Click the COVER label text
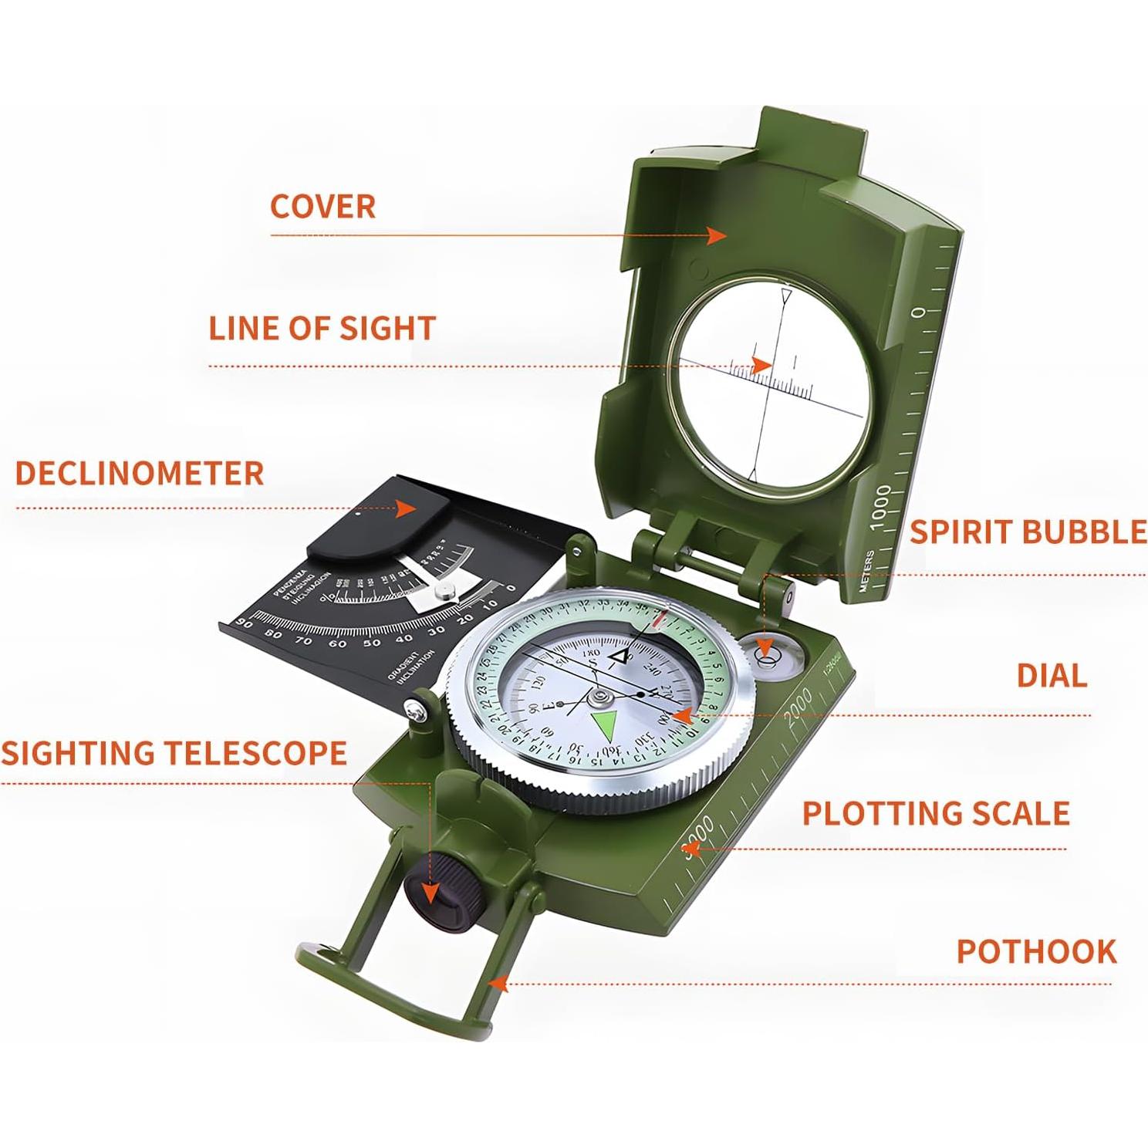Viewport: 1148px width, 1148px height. click(322, 207)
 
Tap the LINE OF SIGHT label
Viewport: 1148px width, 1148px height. click(322, 329)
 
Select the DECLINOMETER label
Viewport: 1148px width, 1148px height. click(140, 473)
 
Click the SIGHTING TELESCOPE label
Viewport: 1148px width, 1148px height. click(174, 753)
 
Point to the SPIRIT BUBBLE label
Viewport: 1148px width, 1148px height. click(1028, 532)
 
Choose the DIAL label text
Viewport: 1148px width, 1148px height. click(1052, 676)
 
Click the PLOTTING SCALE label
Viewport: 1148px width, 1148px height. click(936, 814)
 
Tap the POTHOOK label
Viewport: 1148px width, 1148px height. click(1036, 952)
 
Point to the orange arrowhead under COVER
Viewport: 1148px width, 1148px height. click(717, 235)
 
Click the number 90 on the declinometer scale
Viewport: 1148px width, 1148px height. click(244, 624)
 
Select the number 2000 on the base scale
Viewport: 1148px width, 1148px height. click(799, 705)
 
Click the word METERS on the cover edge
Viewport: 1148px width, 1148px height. click(868, 571)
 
